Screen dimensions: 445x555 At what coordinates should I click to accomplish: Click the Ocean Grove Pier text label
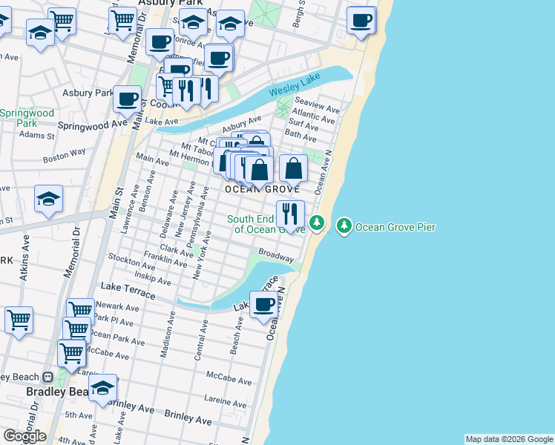pyautogui.click(x=395, y=227)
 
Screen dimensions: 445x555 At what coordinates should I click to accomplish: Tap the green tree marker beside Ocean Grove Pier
pyautogui.click(x=344, y=225)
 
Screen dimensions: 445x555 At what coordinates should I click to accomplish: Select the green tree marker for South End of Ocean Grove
pyautogui.click(x=317, y=222)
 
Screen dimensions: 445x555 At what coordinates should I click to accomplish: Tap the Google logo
pyautogui.click(x=24, y=436)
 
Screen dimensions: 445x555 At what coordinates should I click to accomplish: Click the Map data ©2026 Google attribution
pyautogui.click(x=509, y=439)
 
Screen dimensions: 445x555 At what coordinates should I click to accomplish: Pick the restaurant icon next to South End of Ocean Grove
pyautogui.click(x=290, y=214)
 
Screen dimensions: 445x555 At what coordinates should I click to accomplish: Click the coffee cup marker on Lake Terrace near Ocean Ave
pyautogui.click(x=263, y=304)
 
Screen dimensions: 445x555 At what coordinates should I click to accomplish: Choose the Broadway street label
pyautogui.click(x=275, y=257)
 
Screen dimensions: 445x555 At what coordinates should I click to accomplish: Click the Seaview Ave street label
pyautogui.click(x=318, y=105)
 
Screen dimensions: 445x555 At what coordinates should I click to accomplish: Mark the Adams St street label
pyautogui.click(x=37, y=136)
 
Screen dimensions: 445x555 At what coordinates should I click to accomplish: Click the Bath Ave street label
pyautogui.click(x=301, y=135)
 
